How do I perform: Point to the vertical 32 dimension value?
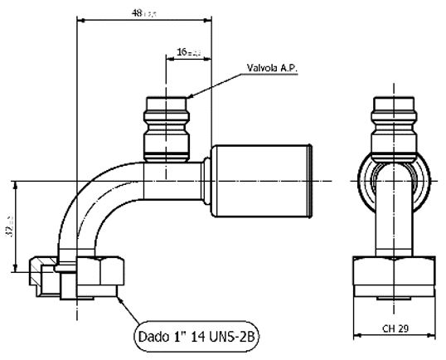click(x=8, y=226)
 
